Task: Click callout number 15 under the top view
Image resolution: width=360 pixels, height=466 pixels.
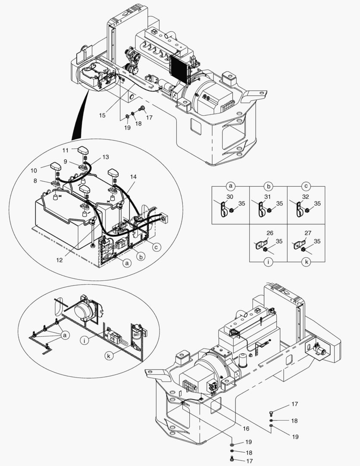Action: (102, 115)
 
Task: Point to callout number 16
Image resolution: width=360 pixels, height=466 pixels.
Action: (246, 429)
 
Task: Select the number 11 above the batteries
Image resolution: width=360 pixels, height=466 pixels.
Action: (66, 150)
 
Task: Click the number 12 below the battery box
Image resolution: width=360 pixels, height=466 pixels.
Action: (59, 260)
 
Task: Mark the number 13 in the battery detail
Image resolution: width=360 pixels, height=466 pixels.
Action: (106, 157)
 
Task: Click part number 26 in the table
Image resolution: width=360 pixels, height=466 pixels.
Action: (269, 233)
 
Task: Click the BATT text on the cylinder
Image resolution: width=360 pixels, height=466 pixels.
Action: (137, 334)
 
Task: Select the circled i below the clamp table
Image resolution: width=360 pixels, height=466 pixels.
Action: (268, 261)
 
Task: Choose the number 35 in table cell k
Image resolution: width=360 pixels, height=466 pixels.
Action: (317, 242)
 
